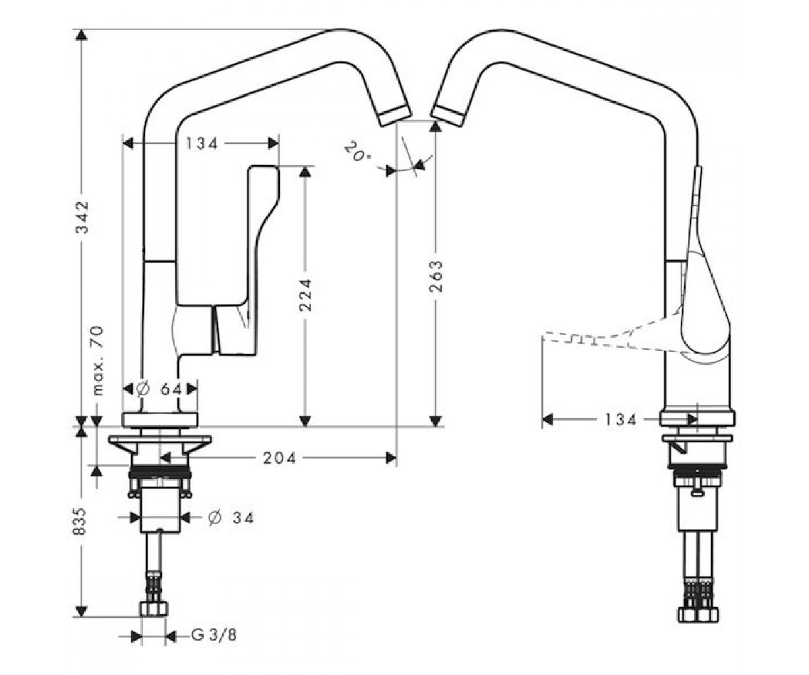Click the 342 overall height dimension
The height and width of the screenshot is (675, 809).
(82, 217)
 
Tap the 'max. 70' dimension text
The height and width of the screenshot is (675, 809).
(98, 360)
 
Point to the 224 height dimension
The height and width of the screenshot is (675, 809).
(305, 295)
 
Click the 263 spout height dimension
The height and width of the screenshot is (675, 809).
(436, 277)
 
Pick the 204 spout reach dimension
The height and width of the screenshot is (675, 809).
(279, 458)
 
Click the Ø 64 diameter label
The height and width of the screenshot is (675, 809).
(160, 389)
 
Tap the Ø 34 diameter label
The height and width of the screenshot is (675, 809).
(231, 518)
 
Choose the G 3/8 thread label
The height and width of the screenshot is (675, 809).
(214, 635)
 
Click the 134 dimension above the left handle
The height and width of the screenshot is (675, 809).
(202, 144)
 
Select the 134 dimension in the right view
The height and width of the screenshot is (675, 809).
(620, 419)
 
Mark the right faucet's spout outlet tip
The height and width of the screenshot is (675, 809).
(448, 115)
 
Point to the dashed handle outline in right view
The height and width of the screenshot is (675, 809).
(612, 337)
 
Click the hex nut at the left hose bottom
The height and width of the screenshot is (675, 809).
(154, 609)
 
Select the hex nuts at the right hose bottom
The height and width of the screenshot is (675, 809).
(699, 614)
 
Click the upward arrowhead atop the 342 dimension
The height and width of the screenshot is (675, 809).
(81, 35)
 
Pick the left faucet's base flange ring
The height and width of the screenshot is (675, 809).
(160, 420)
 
